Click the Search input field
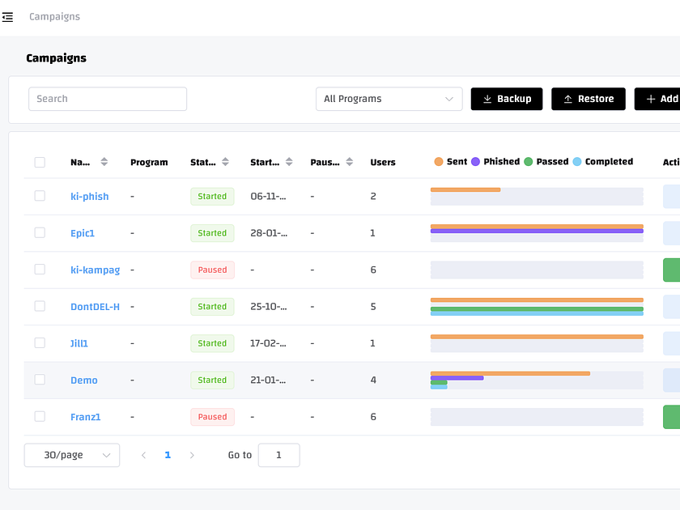[108, 99]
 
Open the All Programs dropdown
[389, 99]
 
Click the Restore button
[589, 99]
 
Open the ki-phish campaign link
[89, 197]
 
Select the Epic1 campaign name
[83, 233]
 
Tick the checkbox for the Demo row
[40, 380]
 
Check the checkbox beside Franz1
[40, 416]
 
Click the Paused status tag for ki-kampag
[212, 270]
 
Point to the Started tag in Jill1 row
[212, 343]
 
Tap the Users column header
[383, 162]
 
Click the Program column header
[149, 162]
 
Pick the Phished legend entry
[495, 162]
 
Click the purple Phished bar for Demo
[457, 377]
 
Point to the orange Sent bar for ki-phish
[465, 189]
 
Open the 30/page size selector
[72, 455]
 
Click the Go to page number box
[278, 455]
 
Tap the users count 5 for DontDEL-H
[373, 307]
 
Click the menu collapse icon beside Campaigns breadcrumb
[8, 17]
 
